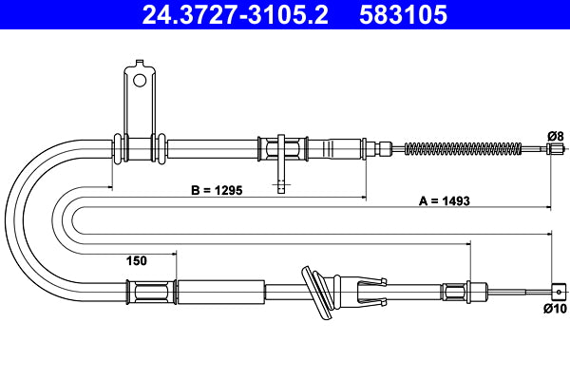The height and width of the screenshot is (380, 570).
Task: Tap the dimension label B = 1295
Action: pyautogui.click(x=217, y=190)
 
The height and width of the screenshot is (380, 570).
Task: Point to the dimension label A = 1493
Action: pyautogui.click(x=446, y=200)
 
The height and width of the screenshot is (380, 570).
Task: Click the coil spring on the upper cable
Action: pyautogui.click(x=464, y=147)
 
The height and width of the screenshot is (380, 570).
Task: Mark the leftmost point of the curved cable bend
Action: pyautogui.click(x=7, y=217)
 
